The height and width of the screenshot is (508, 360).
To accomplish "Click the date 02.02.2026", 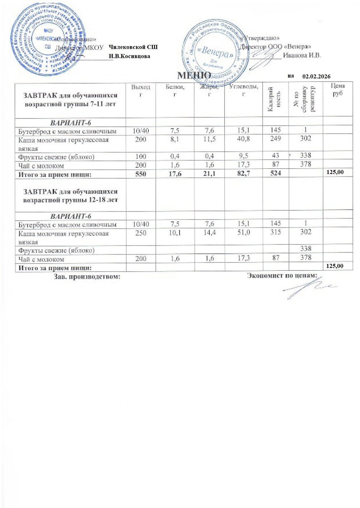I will click(x=316, y=77).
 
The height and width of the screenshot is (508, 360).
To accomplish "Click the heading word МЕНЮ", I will click(x=194, y=75).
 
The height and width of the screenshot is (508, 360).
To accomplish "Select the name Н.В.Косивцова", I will click(x=129, y=56).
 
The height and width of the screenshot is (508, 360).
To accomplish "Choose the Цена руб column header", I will click(x=337, y=90).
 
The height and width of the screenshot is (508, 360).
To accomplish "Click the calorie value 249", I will click(x=275, y=139).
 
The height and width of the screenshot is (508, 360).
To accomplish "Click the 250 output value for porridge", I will click(x=141, y=232).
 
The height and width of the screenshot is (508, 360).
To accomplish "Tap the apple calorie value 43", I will click(x=275, y=156).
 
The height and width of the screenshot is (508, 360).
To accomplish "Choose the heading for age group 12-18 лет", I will click(x=71, y=196).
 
